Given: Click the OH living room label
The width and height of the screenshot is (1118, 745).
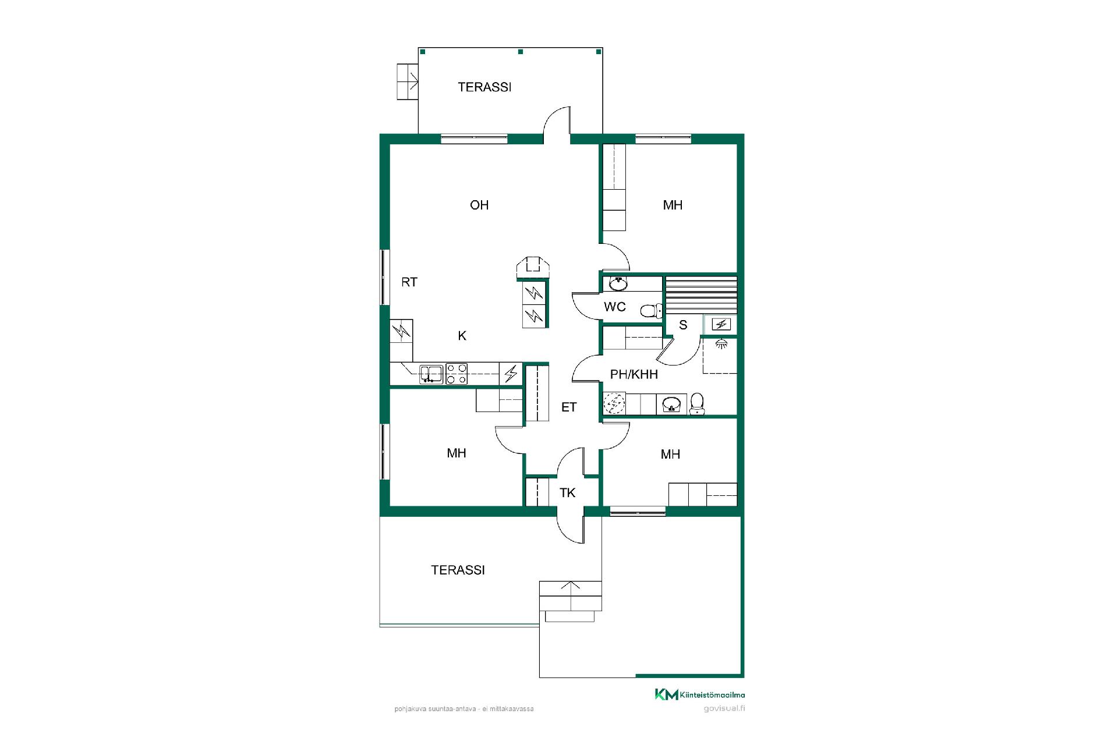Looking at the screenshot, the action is (x=479, y=205).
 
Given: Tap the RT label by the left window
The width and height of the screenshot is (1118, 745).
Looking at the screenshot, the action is (x=409, y=282).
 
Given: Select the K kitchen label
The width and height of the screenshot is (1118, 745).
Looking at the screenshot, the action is (x=462, y=336).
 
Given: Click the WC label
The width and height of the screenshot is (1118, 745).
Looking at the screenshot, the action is (x=615, y=307).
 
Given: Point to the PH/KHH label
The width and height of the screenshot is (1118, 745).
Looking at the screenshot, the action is (x=634, y=374).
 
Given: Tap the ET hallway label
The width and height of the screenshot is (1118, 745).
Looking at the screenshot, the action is (x=569, y=407).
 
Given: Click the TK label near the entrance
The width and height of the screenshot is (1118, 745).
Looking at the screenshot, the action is (x=568, y=493).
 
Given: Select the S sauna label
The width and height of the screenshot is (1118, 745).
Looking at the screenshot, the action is (x=683, y=325).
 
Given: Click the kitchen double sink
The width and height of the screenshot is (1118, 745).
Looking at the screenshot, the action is (x=431, y=374).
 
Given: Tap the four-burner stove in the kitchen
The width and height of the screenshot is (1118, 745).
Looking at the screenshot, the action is (x=457, y=374).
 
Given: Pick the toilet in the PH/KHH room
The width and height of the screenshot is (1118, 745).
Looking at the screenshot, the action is (x=697, y=403).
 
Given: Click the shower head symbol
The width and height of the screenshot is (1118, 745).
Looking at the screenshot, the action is (x=721, y=343).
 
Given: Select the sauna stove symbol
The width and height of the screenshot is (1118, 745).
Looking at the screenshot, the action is (x=721, y=324).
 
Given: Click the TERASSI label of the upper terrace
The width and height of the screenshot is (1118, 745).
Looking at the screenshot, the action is (x=484, y=87).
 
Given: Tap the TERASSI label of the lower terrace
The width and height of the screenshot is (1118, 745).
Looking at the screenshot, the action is (x=458, y=570).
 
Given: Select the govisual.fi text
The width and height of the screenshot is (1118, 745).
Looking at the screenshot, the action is (x=724, y=708).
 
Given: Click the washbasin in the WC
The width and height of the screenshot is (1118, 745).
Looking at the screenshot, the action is (x=618, y=284).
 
